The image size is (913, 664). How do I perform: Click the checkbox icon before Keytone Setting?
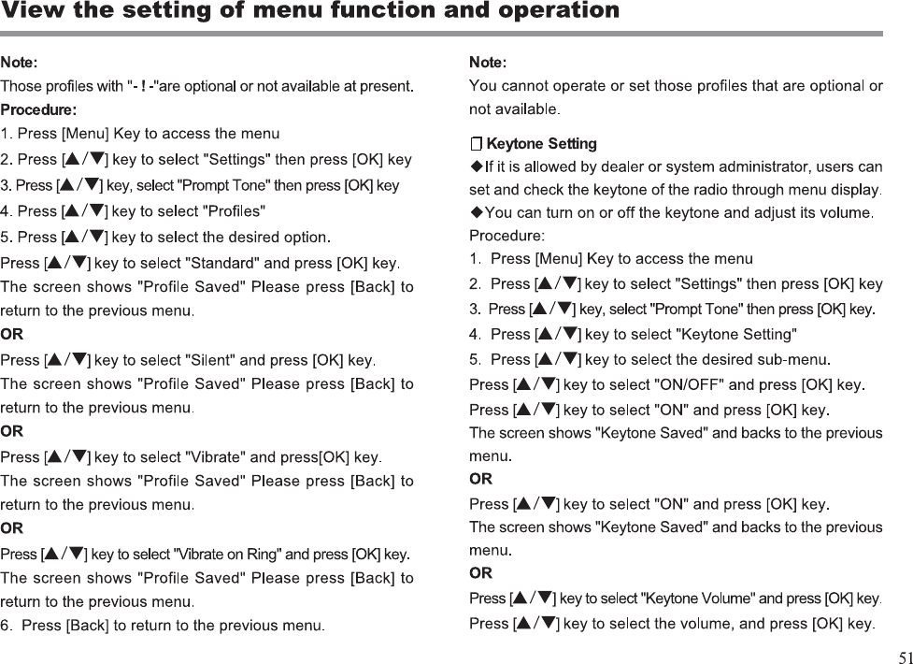coord(476,144)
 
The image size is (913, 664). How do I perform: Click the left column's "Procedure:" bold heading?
coord(38,109)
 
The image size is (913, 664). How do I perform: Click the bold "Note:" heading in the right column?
coord(488,63)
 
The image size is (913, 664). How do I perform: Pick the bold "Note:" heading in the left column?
coord(20,63)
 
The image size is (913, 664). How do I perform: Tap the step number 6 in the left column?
coord(6,625)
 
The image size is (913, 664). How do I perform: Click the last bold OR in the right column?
coord(480,572)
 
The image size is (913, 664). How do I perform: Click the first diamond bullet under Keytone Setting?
coord(477,167)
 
